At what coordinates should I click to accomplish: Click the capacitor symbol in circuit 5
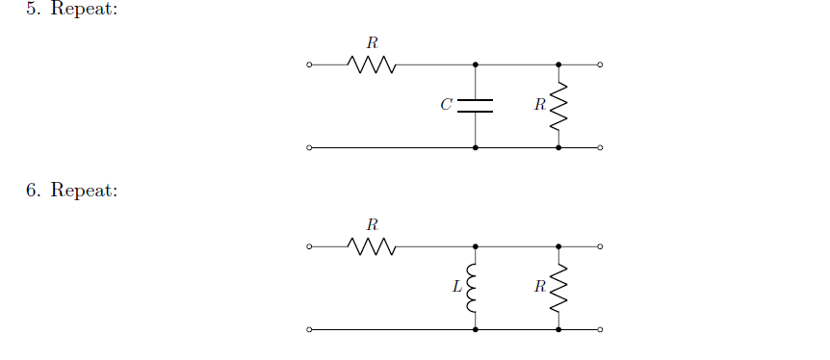475,106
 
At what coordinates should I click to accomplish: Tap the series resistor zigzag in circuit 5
372,65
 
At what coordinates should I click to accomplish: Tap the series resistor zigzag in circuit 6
372,247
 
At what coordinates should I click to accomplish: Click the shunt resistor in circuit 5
558,106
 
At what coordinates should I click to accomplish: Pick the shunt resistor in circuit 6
558,288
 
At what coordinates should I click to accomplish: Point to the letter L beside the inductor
457,287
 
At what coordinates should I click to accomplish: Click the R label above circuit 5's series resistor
372,42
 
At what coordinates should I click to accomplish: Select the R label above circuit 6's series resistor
372,224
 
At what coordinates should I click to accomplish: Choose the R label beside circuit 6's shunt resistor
540,287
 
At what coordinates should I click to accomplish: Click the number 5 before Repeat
31,9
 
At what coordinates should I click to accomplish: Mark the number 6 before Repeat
31,191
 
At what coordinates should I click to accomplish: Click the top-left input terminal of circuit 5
309,65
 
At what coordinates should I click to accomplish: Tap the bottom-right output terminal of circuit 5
600,148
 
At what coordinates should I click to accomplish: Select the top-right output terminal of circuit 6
600,247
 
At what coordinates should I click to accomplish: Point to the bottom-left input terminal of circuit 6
309,330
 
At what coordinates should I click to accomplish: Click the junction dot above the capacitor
475,65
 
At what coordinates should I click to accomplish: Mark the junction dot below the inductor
475,330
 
